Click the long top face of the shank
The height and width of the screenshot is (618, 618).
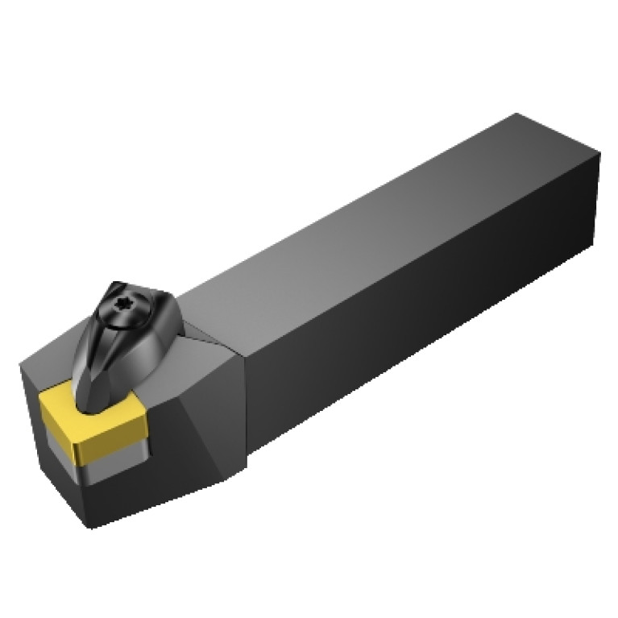click(379, 218)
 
